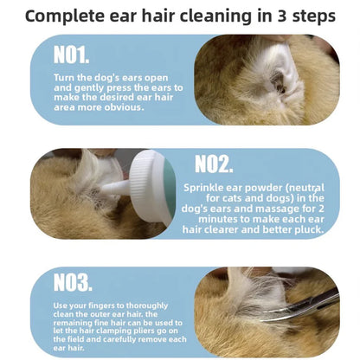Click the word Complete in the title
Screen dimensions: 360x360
tap(66, 16)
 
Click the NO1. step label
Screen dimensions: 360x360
tap(71, 55)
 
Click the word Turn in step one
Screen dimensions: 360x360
tap(66, 79)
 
